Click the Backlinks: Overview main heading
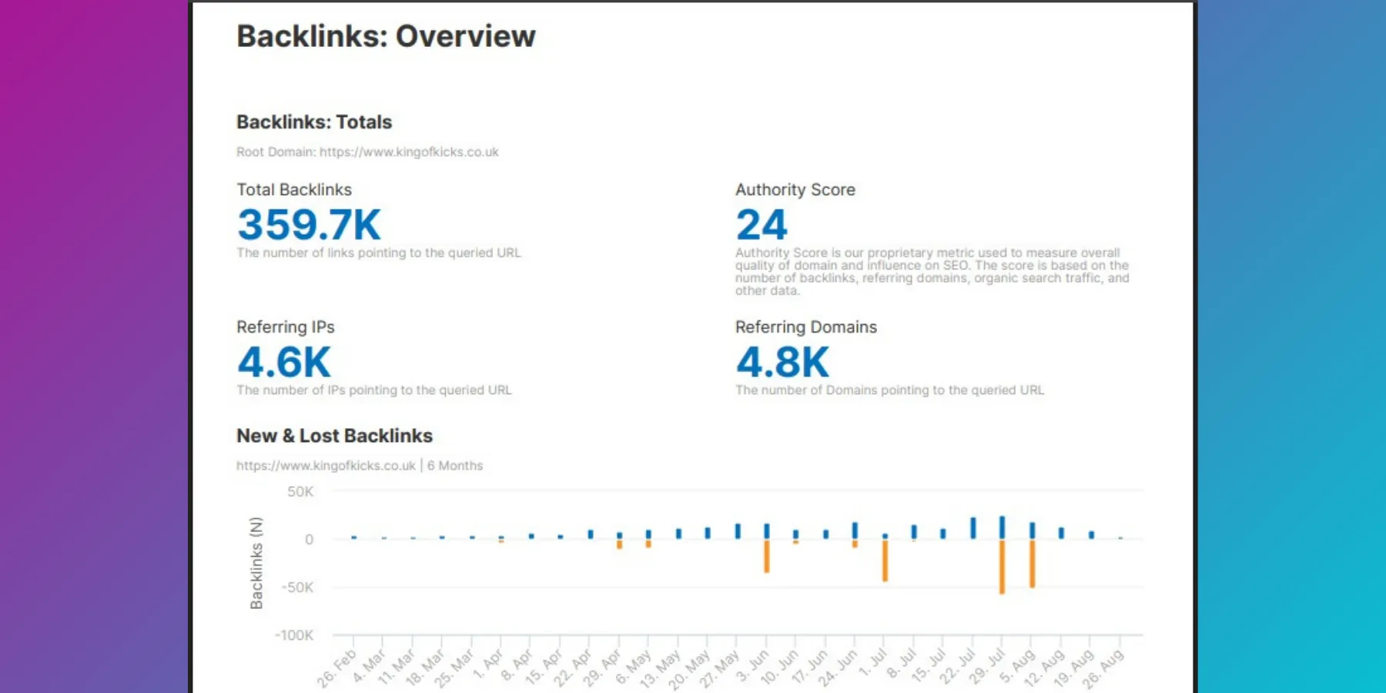click(386, 36)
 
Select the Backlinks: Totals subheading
click(314, 122)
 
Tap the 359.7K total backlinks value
click(309, 224)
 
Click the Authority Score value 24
click(761, 224)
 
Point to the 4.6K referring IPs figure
click(283, 362)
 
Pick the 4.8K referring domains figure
click(782, 362)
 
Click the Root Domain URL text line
click(367, 152)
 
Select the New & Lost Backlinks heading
click(334, 436)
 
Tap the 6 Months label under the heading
click(455, 466)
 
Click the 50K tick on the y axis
click(300, 491)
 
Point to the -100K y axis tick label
click(294, 635)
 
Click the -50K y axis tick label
click(297, 588)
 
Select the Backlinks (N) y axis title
click(256, 563)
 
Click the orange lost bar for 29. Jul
click(1002, 567)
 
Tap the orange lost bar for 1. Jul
click(885, 561)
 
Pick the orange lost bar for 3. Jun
click(767, 556)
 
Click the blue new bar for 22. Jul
click(973, 527)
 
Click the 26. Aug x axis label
click(1103, 668)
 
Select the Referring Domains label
click(805, 327)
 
